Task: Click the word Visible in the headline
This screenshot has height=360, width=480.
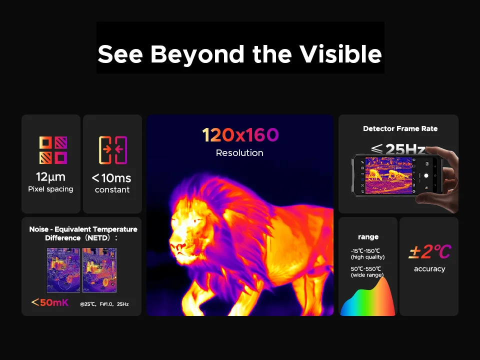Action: tap(340, 54)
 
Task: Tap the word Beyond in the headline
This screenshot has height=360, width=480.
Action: tap(197, 54)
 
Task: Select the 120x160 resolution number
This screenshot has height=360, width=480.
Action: tap(240, 135)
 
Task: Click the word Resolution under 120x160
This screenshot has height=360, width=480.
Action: tap(239, 153)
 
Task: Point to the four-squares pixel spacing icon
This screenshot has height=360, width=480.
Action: tap(53, 150)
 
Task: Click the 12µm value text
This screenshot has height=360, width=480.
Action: tap(51, 177)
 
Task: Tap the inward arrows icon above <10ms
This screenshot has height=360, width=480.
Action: tap(112, 150)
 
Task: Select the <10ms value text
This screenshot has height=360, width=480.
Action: tap(111, 178)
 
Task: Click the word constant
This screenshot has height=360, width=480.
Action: tap(112, 190)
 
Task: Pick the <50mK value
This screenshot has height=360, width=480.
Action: tap(50, 302)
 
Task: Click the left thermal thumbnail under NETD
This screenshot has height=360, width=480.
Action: tap(63, 270)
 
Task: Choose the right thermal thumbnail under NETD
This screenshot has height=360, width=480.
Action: tap(99, 270)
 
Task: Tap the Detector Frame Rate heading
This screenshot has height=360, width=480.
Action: tap(400, 128)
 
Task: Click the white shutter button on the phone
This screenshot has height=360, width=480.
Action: tap(426, 175)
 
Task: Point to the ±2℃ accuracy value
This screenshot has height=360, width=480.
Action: tap(430, 252)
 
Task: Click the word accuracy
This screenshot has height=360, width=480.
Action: tap(429, 269)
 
